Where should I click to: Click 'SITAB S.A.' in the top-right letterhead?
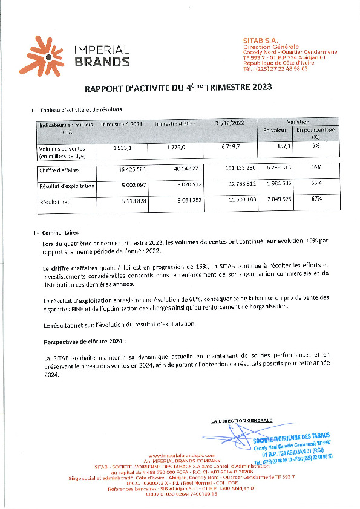260,39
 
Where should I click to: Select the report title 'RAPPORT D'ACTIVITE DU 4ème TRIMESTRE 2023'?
178,87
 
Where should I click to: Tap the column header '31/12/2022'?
229,123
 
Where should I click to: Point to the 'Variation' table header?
300,121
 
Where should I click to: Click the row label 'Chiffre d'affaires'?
59,170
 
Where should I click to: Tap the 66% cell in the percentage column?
316,183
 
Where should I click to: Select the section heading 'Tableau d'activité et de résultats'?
81,110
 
